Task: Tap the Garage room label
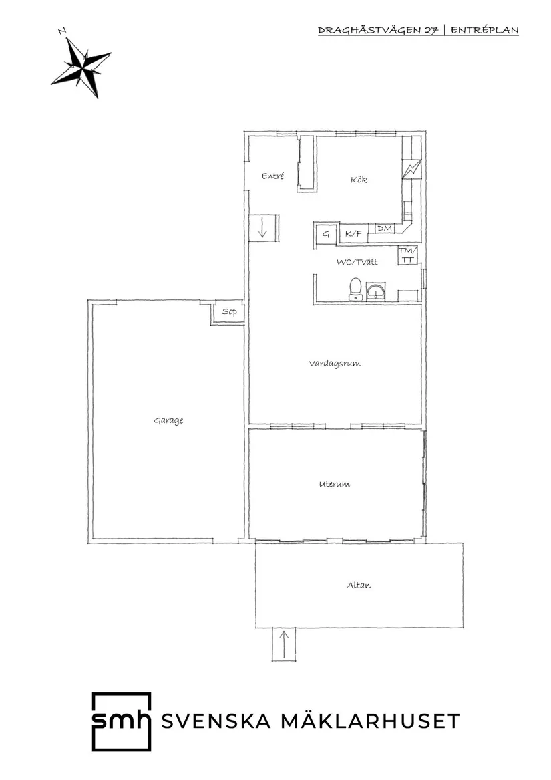click(168, 421)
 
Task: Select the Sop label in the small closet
click(229, 312)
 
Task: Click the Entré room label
click(272, 176)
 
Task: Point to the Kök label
click(359, 180)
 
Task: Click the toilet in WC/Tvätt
click(355, 289)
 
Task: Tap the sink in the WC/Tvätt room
click(376, 292)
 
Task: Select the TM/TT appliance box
click(407, 255)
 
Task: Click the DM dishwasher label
click(385, 229)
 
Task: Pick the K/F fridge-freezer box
click(353, 233)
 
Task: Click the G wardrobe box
click(326, 234)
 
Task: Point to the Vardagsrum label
click(335, 364)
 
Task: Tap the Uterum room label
click(334, 483)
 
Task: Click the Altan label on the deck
click(359, 586)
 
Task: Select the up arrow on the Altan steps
click(284, 644)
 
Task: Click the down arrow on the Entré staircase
click(263, 228)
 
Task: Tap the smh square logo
click(122, 721)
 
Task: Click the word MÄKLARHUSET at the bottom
click(371, 721)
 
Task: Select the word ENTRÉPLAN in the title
click(484, 30)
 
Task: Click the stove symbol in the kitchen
click(412, 168)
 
